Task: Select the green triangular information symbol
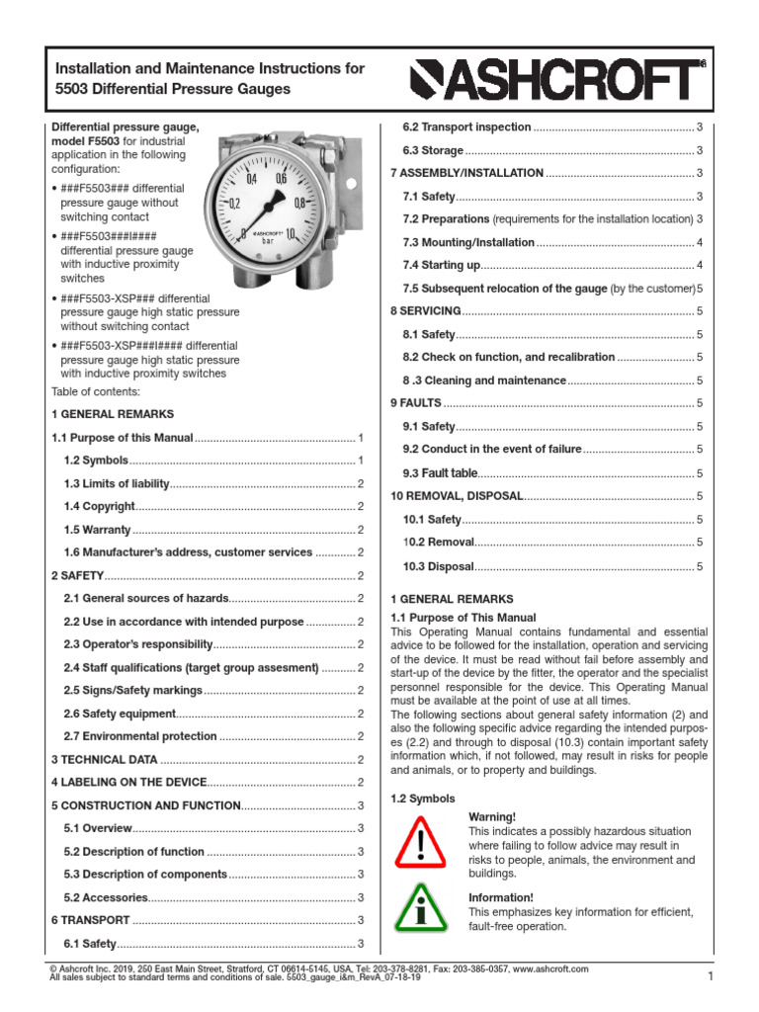tap(420, 909)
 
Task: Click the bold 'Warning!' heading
tap(491, 817)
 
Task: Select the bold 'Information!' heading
tap(500, 897)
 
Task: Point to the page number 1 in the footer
tap(710, 977)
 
